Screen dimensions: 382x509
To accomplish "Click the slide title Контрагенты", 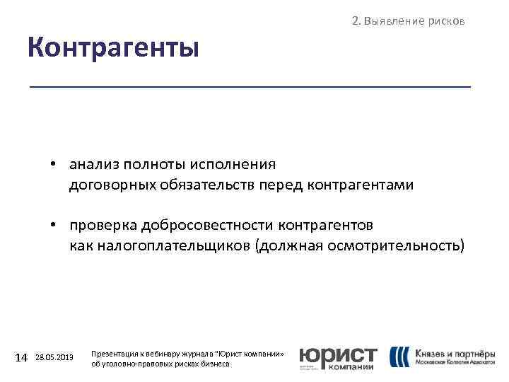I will [113, 49].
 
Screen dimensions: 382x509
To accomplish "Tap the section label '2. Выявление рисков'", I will [408, 21].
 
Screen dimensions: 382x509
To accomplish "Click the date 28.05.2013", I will [54, 358].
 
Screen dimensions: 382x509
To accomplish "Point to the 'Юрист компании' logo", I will [338, 358].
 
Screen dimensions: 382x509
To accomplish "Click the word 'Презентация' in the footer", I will [115, 352].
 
